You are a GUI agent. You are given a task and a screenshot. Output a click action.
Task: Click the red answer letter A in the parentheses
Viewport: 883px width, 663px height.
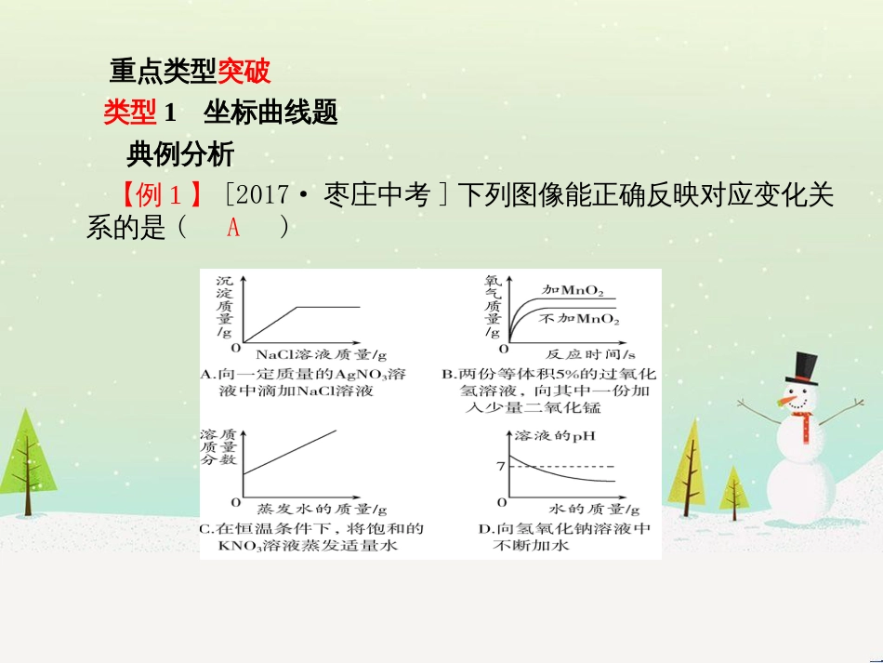click(x=233, y=227)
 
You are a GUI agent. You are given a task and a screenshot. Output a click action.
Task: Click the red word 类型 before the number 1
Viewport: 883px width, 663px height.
click(x=130, y=113)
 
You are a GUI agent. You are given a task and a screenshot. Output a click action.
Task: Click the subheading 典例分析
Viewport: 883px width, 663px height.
click(x=180, y=152)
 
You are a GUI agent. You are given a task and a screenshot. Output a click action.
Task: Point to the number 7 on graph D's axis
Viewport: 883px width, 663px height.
click(x=500, y=465)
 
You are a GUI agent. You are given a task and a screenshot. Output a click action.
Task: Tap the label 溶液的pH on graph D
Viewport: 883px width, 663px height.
click(x=553, y=435)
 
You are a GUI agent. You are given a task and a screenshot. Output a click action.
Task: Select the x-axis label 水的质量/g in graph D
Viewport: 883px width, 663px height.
click(x=593, y=509)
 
